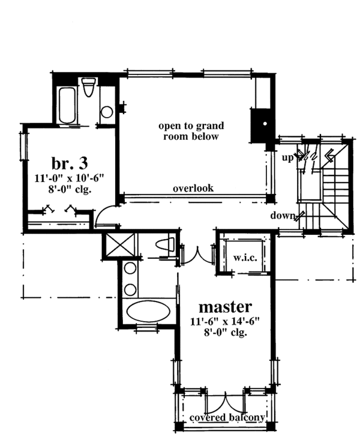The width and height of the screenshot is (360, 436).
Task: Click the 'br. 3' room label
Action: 70,163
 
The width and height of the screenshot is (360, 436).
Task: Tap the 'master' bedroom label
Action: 225,307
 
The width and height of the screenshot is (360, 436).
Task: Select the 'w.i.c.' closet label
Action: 245,258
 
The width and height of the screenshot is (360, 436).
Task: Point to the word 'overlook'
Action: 193,188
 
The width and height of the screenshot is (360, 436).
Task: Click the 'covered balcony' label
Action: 227,417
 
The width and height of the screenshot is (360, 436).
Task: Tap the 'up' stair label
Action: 288,158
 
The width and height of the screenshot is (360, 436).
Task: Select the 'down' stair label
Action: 283,215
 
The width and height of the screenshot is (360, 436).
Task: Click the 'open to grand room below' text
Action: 191,131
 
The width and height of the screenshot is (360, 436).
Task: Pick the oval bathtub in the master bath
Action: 148,311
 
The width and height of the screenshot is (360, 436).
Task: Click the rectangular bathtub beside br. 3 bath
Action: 67,105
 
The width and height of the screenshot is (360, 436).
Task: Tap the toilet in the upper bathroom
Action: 89,87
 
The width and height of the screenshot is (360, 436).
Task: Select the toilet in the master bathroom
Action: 165,244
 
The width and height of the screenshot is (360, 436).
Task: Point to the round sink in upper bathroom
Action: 107,112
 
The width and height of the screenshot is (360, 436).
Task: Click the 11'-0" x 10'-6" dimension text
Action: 69,178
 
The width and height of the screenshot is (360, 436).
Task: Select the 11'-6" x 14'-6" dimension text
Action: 225,321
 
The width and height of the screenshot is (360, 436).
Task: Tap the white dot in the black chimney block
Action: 265,124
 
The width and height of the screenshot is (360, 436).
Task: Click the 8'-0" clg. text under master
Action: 226,332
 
